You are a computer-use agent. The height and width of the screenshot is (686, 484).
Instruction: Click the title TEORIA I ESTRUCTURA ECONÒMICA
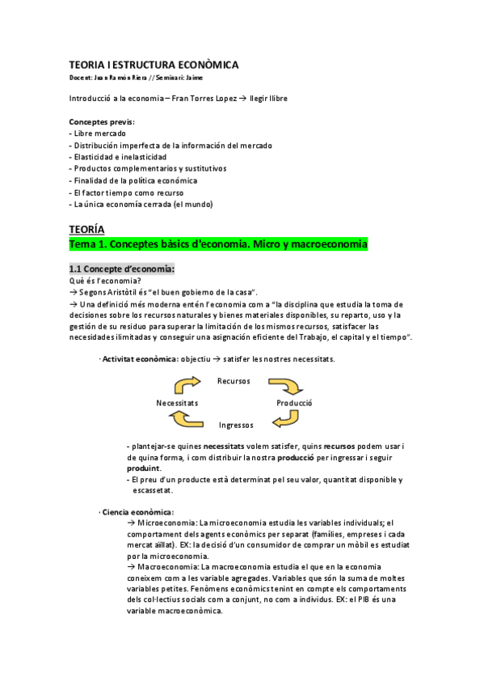click(154, 64)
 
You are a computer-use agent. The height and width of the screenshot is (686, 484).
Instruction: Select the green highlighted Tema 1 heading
click(218, 243)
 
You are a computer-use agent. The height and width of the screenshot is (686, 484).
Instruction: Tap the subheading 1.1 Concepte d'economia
click(121, 269)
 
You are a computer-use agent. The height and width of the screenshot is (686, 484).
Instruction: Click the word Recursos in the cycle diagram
click(234, 381)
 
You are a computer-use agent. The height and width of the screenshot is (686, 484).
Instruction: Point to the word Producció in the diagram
click(294, 403)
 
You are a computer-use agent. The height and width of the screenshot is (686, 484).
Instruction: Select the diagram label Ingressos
click(236, 425)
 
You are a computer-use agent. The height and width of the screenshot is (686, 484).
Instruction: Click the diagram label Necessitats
click(177, 403)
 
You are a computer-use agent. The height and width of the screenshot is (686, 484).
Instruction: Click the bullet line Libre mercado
click(97, 133)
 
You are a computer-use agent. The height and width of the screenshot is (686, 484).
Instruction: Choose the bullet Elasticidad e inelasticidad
click(119, 157)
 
